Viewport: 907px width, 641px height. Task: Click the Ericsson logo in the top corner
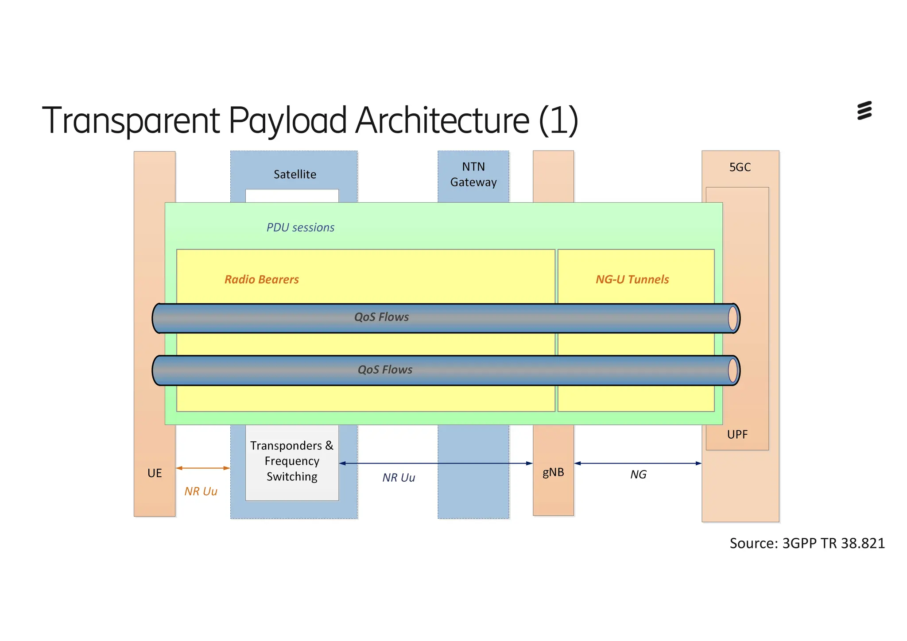[864, 110]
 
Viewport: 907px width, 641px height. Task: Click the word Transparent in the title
[131, 120]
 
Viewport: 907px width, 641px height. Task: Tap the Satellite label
[295, 174]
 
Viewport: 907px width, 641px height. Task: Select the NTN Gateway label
[473, 174]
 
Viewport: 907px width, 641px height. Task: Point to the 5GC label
[740, 167]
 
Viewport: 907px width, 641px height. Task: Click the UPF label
[737, 434]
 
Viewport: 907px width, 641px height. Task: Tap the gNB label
[553, 472]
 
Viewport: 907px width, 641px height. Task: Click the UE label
[155, 473]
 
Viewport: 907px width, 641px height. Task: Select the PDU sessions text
[300, 228]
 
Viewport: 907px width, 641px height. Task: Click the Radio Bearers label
[261, 279]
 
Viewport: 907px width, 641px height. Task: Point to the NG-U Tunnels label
[632, 279]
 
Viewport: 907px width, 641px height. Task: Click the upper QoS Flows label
[381, 317]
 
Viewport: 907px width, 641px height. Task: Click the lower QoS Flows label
[385, 370]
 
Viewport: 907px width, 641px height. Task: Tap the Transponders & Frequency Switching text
[292, 461]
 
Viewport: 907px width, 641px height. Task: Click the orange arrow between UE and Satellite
[203, 468]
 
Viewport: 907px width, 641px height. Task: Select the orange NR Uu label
[201, 491]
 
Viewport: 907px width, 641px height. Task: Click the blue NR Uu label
[399, 478]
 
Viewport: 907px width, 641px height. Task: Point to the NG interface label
[638, 475]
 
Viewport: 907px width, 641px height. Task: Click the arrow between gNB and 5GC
[638, 463]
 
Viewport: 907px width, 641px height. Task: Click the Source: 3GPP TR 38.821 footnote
[807, 543]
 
